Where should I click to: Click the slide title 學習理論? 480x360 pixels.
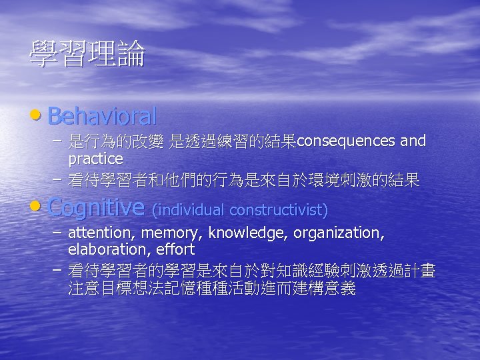pyautogui.click(x=87, y=55)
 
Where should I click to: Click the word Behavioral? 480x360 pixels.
pyautogui.click(x=102, y=117)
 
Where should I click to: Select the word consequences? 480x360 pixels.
pyautogui.click(x=346, y=141)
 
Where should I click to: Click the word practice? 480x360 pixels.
pyautogui.click(x=95, y=159)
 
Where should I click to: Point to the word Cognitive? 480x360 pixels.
pyautogui.click(x=97, y=207)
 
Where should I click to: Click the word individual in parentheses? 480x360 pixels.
pyautogui.click(x=189, y=210)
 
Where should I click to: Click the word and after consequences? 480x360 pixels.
pyautogui.click(x=413, y=141)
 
